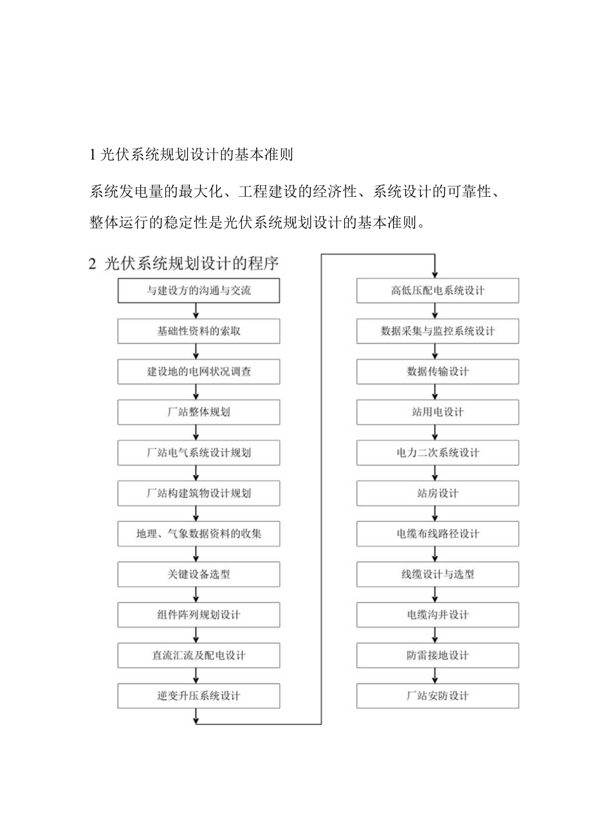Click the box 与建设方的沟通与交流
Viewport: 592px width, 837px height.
click(199, 291)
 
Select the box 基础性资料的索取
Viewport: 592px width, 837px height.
click(199, 331)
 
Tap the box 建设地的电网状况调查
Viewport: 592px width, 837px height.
click(199, 372)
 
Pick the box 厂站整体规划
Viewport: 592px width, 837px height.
click(199, 412)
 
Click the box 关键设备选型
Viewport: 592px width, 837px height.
click(199, 575)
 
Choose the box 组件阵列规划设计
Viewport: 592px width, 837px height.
click(199, 615)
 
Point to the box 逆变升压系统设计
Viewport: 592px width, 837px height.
click(199, 696)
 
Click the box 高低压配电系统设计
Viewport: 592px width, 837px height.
click(438, 291)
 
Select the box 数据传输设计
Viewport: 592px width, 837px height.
click(438, 372)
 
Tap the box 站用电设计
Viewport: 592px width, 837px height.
click(438, 412)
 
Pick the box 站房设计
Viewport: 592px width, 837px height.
click(438, 493)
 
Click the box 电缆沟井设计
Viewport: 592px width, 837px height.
click(438, 615)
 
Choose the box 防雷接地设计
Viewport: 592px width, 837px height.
click(438, 656)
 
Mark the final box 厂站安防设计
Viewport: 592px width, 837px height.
click(438, 696)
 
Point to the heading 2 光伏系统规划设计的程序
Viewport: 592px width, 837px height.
click(184, 264)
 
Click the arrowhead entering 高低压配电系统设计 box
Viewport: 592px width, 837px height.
click(436, 274)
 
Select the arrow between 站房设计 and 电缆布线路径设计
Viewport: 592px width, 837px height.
click(436, 513)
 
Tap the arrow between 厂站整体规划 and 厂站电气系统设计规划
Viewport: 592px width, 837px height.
click(196, 432)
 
